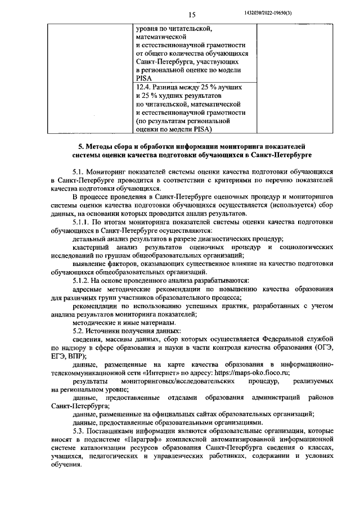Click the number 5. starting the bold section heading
80,145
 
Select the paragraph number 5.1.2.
84,280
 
